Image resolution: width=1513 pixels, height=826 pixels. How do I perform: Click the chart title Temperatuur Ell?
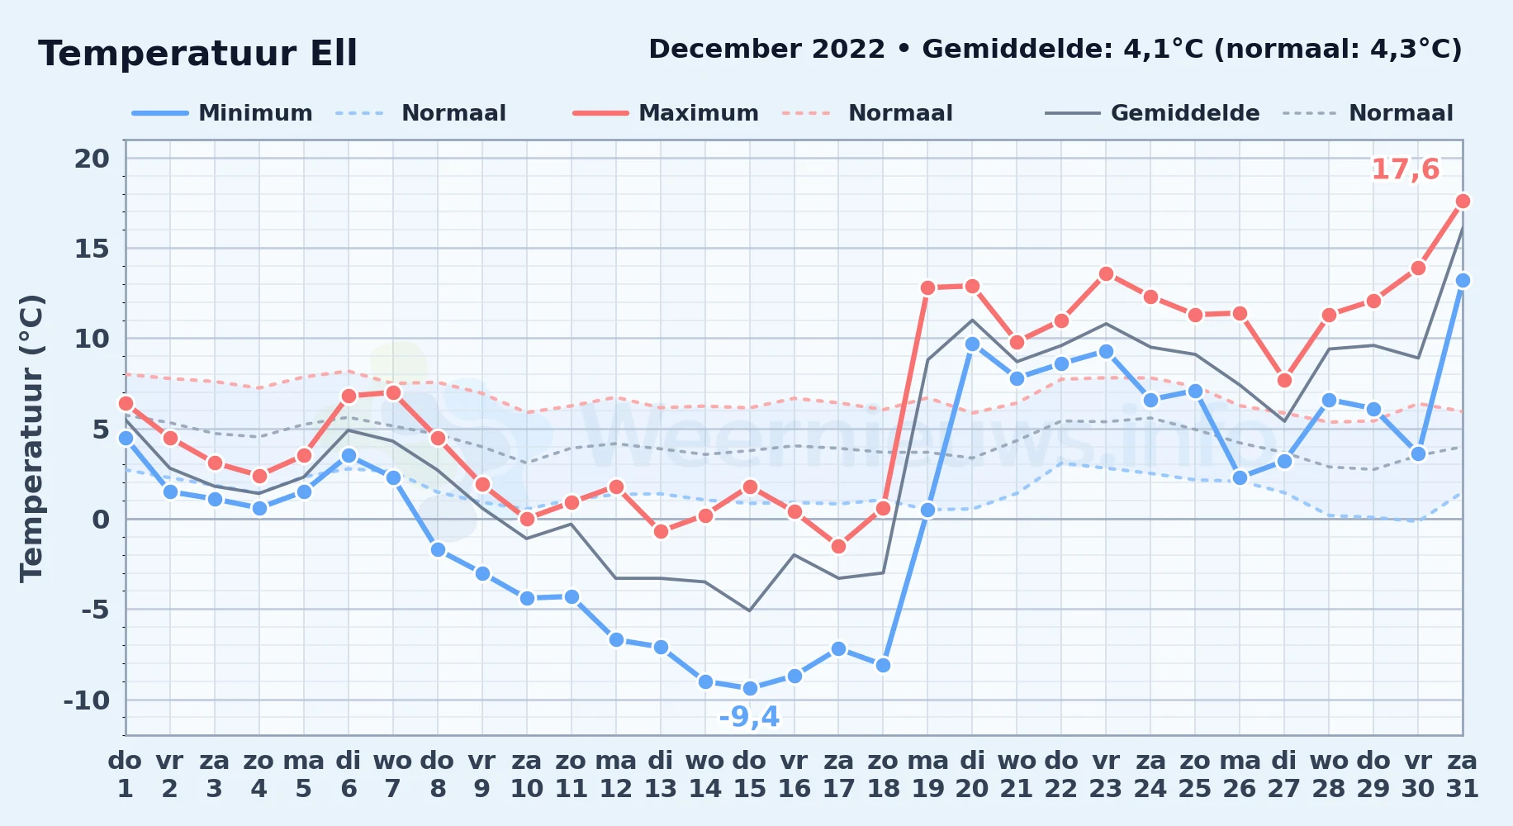click(198, 54)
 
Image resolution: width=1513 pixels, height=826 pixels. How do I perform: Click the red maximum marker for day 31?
click(1463, 201)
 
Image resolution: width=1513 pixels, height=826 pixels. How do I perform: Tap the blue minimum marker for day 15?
click(750, 688)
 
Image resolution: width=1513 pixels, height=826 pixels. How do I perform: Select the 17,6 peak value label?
click(1405, 169)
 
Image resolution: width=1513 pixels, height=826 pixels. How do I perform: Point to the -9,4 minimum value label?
click(749, 716)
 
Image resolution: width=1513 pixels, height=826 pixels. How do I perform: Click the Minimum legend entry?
click(222, 113)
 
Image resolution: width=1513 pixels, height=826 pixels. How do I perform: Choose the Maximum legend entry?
click(666, 113)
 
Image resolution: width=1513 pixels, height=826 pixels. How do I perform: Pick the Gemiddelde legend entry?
click(1153, 113)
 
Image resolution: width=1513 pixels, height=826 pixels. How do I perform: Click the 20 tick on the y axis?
click(92, 158)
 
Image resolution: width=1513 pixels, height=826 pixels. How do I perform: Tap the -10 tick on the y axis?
click(87, 700)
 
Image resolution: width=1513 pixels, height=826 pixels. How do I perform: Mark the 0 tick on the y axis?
click(101, 519)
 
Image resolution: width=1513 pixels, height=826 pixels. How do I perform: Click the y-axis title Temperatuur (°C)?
click(31, 438)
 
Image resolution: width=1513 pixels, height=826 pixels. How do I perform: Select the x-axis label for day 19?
click(927, 774)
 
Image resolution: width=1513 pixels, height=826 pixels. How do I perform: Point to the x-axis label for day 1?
click(126, 774)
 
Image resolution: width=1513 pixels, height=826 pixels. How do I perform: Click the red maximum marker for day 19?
click(927, 287)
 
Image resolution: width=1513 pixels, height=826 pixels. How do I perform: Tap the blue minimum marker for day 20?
click(972, 344)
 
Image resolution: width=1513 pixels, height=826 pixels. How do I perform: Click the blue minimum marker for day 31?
click(1463, 280)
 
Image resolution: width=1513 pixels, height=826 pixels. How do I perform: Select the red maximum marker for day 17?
click(838, 546)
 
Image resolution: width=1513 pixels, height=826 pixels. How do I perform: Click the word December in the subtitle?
click(767, 49)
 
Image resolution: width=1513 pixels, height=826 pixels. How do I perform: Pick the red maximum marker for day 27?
click(1284, 380)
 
